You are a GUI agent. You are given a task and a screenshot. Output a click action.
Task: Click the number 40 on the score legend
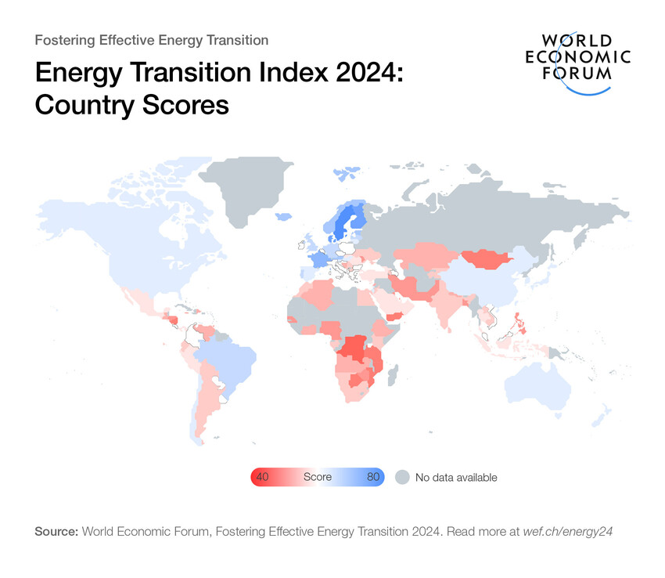(x=263, y=477)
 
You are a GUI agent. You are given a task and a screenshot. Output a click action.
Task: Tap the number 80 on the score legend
(x=372, y=477)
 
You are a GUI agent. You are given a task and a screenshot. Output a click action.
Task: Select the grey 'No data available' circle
(x=401, y=477)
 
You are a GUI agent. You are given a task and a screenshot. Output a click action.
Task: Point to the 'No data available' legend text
(x=456, y=477)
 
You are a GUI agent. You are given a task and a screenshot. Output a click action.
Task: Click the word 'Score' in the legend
(x=317, y=477)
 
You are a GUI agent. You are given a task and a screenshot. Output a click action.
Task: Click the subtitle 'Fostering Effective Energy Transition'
(x=152, y=40)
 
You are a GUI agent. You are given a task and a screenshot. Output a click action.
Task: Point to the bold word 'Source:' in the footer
(x=56, y=531)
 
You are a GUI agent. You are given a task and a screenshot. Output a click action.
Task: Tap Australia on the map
(x=540, y=387)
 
